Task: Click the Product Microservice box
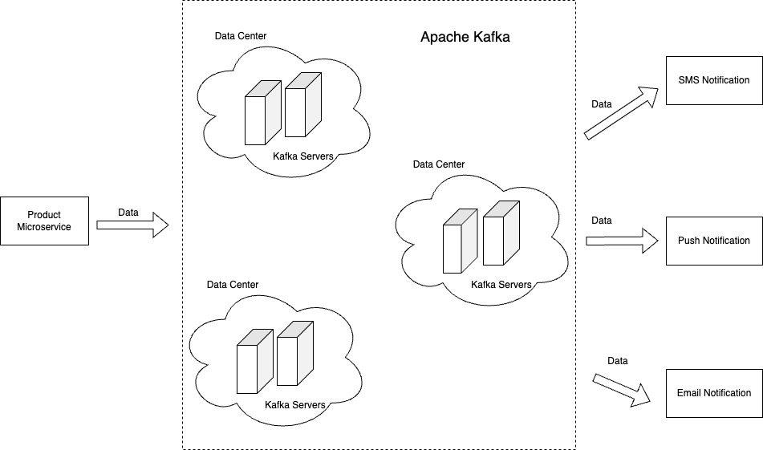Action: [44, 221]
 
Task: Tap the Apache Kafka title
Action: [465, 37]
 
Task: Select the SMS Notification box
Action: [714, 80]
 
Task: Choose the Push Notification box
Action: [714, 241]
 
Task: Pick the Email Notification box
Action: [714, 393]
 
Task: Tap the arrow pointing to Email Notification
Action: [622, 388]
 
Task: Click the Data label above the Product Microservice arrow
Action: [128, 213]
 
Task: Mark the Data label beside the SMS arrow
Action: [602, 104]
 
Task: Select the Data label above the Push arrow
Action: [602, 221]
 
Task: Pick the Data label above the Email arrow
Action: [618, 361]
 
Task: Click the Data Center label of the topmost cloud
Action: [241, 36]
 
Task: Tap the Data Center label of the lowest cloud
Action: [233, 285]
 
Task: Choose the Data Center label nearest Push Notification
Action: [439, 164]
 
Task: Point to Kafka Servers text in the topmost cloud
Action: [303, 156]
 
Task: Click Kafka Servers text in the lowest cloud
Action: [295, 405]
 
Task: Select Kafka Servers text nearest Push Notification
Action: [501, 285]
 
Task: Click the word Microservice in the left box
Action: [44, 227]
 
